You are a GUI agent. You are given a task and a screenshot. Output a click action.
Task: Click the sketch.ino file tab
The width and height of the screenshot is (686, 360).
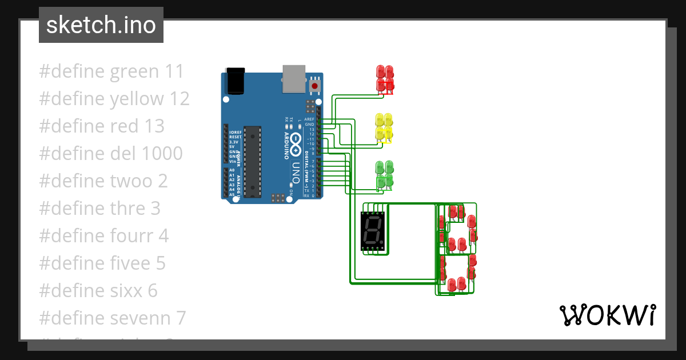coord(101,25)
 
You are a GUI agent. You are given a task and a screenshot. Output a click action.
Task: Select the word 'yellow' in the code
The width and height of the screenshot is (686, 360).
coord(137,99)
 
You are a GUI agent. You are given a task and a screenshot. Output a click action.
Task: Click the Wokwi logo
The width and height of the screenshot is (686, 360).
coord(607,315)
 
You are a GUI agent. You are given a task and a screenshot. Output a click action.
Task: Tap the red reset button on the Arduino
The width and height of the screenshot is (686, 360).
coord(314,86)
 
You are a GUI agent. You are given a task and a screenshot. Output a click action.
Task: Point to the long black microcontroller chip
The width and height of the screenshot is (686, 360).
coord(252,162)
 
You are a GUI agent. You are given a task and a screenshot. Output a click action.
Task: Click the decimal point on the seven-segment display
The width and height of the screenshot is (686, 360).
coord(381,241)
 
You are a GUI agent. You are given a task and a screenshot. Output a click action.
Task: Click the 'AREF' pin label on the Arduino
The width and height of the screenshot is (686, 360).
coord(309,119)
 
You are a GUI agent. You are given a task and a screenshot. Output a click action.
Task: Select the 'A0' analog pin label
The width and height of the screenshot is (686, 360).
coord(232,170)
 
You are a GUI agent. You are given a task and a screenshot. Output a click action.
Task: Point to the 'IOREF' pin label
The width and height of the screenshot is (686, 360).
coord(235,132)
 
